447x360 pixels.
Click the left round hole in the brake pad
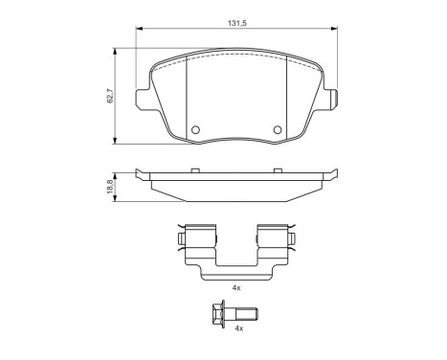pyautogui.click(x=196, y=131)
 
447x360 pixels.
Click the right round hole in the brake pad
pyautogui.click(x=279, y=131)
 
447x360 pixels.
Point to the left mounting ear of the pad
pyautogui.click(x=141, y=99)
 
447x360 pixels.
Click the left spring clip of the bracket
pyautogui.click(x=198, y=239)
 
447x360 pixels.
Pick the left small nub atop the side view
pyautogui.click(x=195, y=170)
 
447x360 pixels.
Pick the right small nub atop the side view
pyautogui.click(x=279, y=170)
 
